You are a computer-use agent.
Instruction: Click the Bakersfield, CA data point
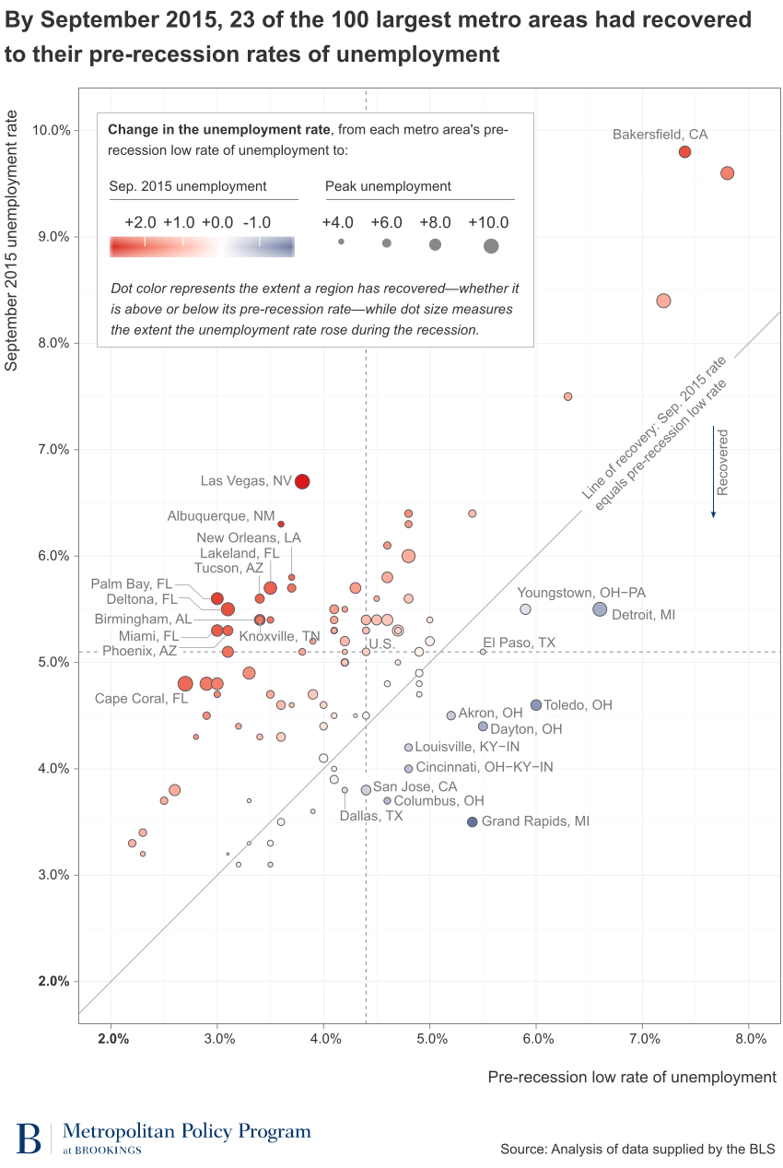click(x=684, y=152)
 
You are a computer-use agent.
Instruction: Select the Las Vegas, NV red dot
click(x=302, y=481)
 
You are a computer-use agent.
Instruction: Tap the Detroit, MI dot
click(x=600, y=609)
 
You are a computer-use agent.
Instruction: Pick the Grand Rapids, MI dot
click(x=473, y=821)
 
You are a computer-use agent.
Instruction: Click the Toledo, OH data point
click(x=536, y=705)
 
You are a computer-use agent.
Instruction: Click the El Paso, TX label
click(x=519, y=642)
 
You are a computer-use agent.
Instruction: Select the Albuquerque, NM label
click(x=220, y=516)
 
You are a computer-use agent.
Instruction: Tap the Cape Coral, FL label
click(x=141, y=699)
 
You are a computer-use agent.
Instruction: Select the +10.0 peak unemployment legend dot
click(x=491, y=245)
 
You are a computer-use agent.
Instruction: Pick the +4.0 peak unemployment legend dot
click(x=341, y=242)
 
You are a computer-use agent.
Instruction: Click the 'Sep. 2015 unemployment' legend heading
click(x=188, y=186)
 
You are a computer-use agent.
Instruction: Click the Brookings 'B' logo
click(x=29, y=1139)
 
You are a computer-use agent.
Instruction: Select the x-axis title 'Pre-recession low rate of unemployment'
click(x=632, y=1077)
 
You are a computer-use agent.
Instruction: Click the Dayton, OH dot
click(x=483, y=726)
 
